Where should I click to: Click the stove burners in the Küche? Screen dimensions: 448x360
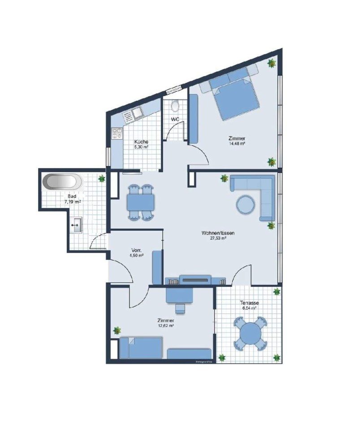117,133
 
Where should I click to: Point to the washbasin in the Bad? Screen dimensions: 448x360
77,224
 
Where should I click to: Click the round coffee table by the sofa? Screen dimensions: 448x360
247,205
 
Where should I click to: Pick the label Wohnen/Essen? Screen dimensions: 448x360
218,233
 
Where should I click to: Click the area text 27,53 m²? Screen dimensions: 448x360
218,239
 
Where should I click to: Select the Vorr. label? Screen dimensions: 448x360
137,250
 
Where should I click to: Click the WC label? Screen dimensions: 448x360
175,120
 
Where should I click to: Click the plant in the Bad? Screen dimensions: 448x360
102,179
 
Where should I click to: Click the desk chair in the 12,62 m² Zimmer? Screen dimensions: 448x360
180,308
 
